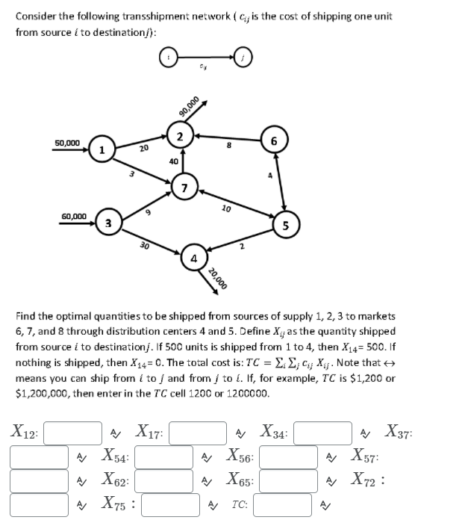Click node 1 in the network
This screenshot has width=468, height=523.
pyautogui.click(x=101, y=149)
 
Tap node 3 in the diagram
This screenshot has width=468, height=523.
pyautogui.click(x=109, y=222)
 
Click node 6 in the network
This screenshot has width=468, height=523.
pyautogui.click(x=274, y=140)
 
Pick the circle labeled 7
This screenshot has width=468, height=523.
pyautogui.click(x=184, y=186)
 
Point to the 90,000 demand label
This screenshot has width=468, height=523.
pyautogui.click(x=190, y=107)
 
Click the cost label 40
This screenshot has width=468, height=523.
pyautogui.click(x=173, y=161)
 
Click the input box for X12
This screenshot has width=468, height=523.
pyautogui.click(x=75, y=432)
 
